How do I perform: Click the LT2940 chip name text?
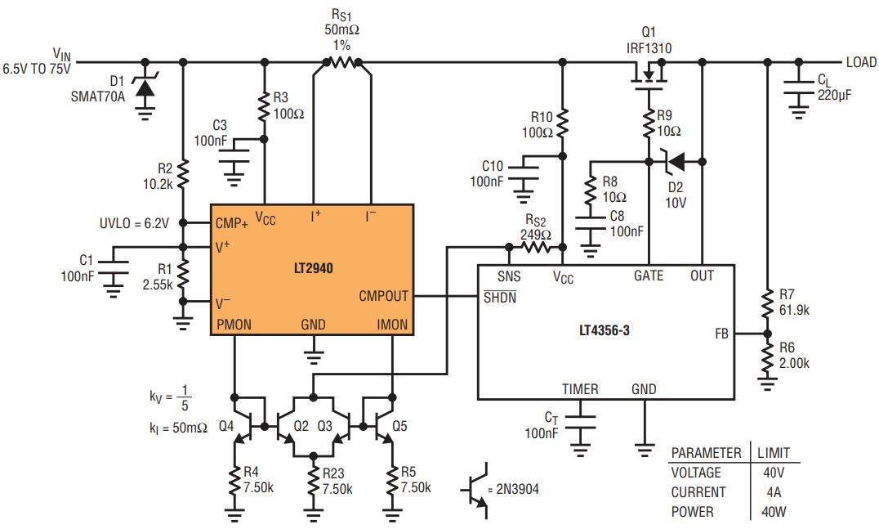pyautogui.click(x=314, y=268)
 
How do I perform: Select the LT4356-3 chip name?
pyautogui.click(x=605, y=330)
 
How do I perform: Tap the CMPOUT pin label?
pyautogui.click(x=383, y=296)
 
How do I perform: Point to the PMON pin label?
pyautogui.click(x=234, y=325)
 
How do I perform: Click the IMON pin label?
pyautogui.click(x=392, y=325)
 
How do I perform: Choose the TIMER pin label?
pyautogui.click(x=580, y=389)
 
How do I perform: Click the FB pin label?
pyautogui.click(x=721, y=334)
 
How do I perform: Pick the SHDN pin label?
pyautogui.click(x=499, y=298)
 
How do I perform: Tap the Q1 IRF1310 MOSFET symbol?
pyautogui.click(x=649, y=75)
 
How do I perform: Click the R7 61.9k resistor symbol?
pyautogui.click(x=767, y=303)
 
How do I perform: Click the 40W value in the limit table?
pyautogui.click(x=774, y=512)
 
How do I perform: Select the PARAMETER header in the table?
pyautogui.click(x=706, y=453)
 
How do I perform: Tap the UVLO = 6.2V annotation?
pyautogui.click(x=134, y=223)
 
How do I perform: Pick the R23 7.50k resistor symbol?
pyautogui.click(x=314, y=482)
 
